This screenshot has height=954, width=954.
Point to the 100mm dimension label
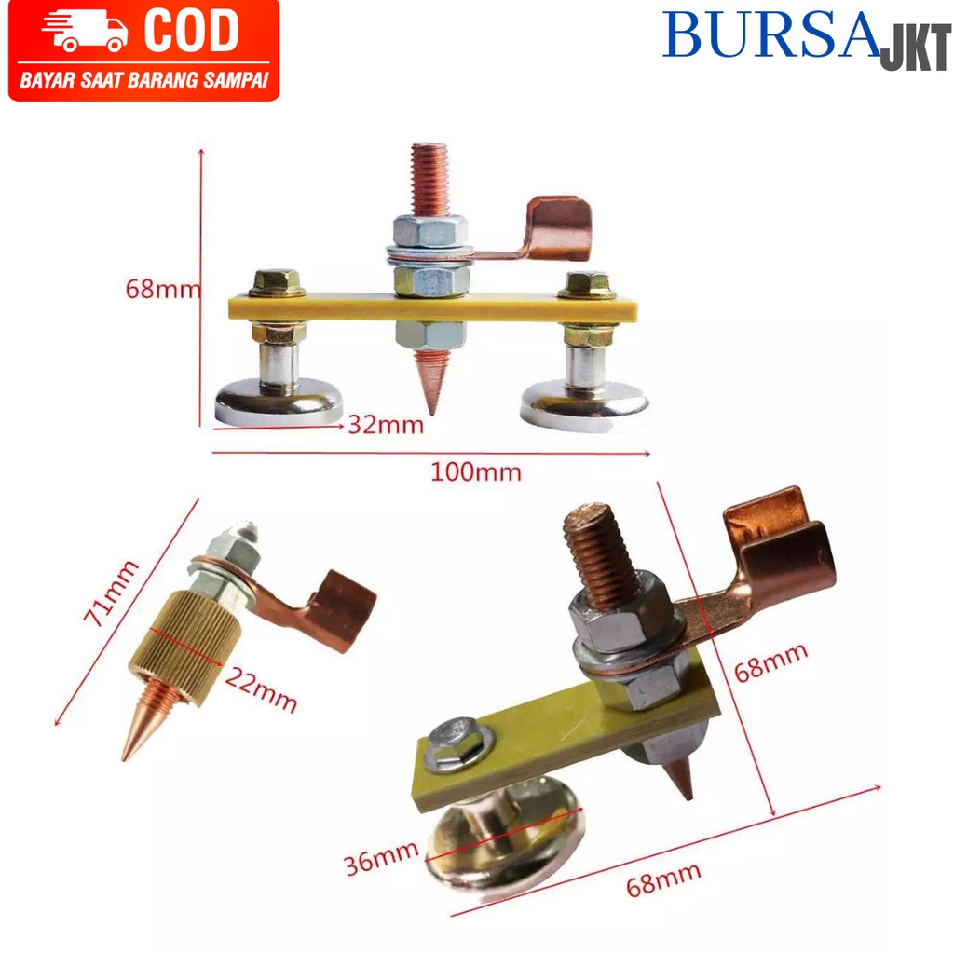click(476, 471)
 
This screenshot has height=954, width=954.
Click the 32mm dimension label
click(386, 426)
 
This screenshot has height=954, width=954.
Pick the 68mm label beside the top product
click(163, 289)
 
